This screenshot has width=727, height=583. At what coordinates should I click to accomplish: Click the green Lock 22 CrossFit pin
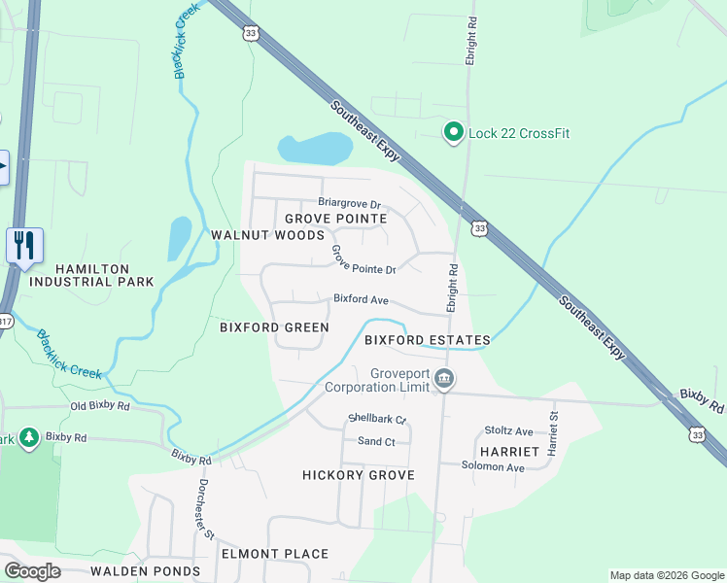452,133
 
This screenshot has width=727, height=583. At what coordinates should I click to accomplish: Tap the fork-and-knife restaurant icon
24,245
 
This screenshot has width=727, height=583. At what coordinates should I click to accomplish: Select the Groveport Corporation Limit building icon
443,379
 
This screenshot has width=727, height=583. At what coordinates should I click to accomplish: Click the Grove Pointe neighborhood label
335,219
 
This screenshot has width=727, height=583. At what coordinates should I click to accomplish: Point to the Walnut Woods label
267,235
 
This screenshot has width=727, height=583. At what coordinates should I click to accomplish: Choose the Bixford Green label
274,327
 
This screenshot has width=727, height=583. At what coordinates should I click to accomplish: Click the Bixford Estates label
427,340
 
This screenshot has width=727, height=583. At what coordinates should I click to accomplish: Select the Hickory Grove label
359,475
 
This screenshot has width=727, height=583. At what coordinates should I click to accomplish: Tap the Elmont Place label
275,554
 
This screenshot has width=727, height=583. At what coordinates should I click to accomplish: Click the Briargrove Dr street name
335,204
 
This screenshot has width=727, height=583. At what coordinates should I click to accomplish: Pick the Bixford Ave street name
361,300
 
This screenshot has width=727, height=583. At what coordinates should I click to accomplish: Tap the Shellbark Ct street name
376,420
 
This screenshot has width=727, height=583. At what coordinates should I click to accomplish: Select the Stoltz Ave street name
509,430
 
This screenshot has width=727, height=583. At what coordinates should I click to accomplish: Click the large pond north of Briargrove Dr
314,149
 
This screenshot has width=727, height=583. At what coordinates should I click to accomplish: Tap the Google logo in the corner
32,571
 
